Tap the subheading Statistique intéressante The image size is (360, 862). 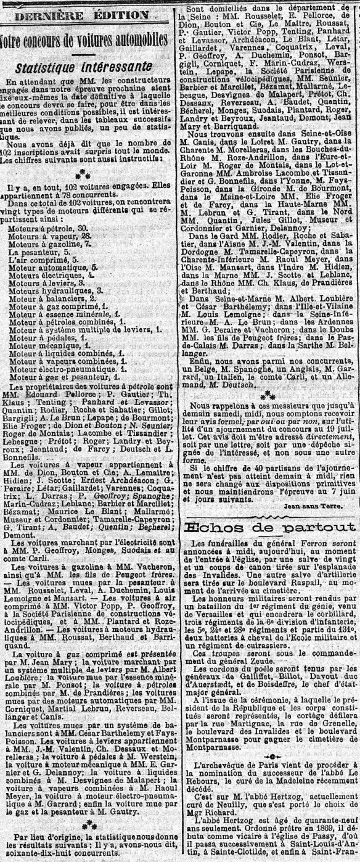tap(84, 67)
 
